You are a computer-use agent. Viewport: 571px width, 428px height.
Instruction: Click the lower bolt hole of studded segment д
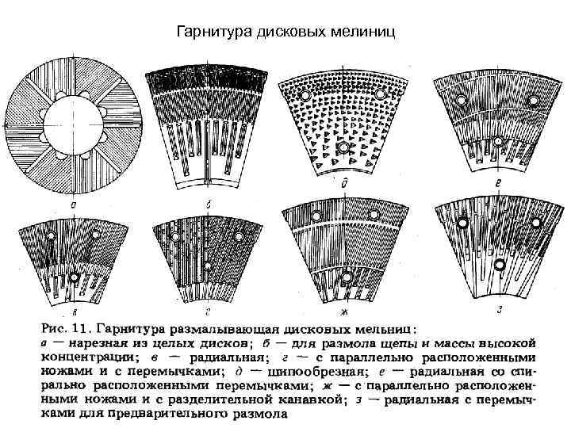(343, 147)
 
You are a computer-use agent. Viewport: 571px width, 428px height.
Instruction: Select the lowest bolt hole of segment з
(500, 264)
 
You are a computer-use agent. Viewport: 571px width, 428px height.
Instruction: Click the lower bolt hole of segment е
(497, 141)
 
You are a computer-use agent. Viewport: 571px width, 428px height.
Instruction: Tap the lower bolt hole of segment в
(74, 277)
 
